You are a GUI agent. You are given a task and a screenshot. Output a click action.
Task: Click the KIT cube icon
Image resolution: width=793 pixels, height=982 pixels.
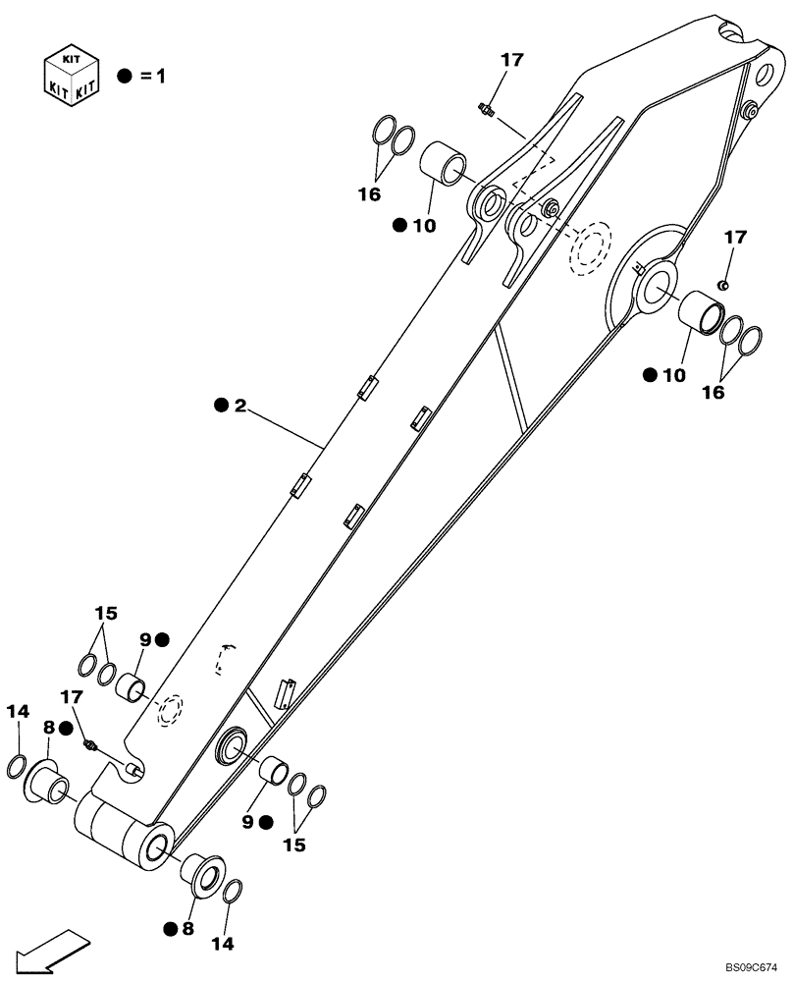(72, 75)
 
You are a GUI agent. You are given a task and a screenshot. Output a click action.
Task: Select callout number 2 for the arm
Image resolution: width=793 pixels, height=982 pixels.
(239, 406)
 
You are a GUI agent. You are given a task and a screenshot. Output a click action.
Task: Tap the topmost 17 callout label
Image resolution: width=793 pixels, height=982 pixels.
(511, 61)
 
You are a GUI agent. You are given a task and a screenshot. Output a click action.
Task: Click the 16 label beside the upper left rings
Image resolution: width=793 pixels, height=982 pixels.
(368, 194)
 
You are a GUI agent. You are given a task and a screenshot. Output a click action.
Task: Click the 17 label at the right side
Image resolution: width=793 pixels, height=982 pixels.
(735, 237)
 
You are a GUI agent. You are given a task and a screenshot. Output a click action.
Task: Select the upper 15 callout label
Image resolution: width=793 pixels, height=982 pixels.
(106, 614)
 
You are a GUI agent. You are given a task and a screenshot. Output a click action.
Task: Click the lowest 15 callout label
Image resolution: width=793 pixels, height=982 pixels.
(294, 844)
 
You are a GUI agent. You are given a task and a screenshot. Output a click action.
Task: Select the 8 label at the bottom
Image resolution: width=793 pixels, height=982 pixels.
(186, 926)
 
